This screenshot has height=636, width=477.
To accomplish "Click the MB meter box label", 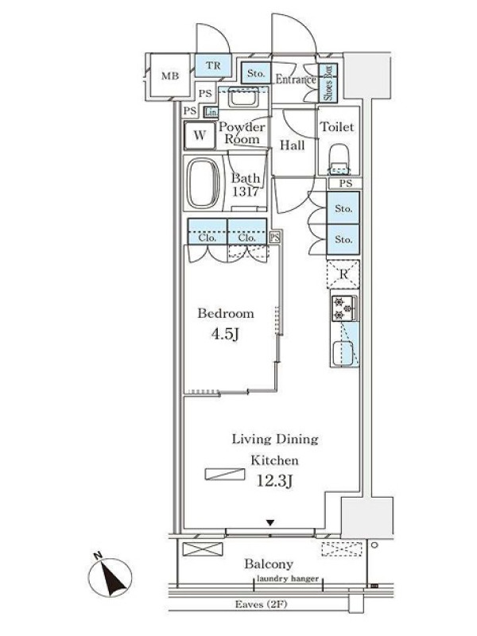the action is [170, 76].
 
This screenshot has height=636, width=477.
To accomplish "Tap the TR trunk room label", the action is [213, 65].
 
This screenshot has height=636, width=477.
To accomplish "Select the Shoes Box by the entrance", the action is [328, 83].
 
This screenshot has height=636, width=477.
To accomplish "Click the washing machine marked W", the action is [200, 135].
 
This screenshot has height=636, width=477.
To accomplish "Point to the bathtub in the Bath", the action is [204, 183].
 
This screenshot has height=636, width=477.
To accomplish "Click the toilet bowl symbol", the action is [339, 160].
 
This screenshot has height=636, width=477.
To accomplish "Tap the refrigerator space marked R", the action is [343, 274].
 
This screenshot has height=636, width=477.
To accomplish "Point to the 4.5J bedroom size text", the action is [225, 334].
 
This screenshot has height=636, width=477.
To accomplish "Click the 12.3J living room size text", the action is [274, 481].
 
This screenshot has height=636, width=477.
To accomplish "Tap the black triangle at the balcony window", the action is [270, 523].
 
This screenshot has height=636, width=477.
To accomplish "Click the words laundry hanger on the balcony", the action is [288, 579].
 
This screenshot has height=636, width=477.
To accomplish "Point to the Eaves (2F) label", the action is [262, 604].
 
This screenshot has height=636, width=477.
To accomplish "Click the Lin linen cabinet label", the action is [211, 112].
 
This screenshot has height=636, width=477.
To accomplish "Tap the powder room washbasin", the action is [242, 98].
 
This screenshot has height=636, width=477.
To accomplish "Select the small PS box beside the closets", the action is [275, 237].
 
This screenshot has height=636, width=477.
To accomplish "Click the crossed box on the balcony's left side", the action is [203, 549].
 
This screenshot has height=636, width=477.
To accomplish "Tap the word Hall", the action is [292, 145].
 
